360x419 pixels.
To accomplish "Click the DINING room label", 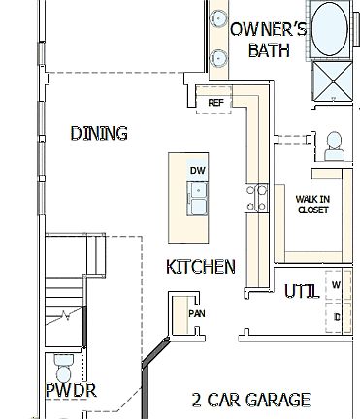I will [100, 133].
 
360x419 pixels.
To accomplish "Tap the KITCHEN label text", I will [201, 266].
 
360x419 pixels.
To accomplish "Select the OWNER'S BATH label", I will [269, 40].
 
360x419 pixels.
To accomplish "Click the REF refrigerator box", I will [216, 101].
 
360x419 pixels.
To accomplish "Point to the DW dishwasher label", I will [198, 171].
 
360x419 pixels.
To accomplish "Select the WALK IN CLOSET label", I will [312, 203].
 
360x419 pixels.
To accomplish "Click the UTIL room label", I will [302, 291].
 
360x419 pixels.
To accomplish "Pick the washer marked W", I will [337, 285].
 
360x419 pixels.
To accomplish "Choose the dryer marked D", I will [337, 316].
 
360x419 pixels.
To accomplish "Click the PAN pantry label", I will [197, 314].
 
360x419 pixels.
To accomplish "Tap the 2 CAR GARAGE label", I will [251, 400].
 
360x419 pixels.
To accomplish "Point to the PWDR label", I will [71, 391].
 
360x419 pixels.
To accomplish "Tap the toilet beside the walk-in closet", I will [335, 147].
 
